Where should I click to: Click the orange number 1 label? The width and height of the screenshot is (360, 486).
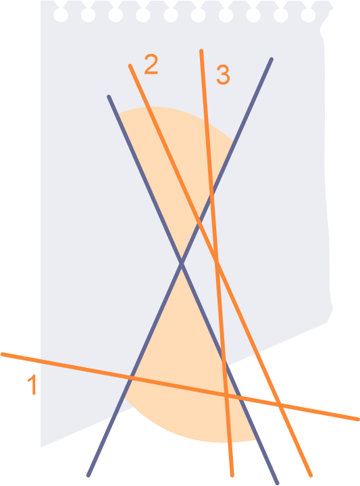pyautogui.click(x=32, y=384)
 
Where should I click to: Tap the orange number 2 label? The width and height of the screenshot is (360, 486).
pyautogui.click(x=151, y=64)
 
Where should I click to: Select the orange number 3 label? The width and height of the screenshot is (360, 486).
pyautogui.click(x=224, y=75)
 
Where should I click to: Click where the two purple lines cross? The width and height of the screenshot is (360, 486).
pyautogui.click(x=182, y=263)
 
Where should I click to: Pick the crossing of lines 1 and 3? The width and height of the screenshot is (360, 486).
pyautogui.click(x=226, y=395)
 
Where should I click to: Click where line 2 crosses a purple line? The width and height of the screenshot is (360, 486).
pyautogui.click(x=200, y=223)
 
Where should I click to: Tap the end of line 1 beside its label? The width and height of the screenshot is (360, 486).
pyautogui.click(x=3, y=354)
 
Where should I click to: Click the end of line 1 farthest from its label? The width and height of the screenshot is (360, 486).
pyautogui.click(x=358, y=419)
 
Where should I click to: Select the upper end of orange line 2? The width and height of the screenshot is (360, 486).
pyautogui.click(x=130, y=65)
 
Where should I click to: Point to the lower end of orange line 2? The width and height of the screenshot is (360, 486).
pyautogui.click(x=311, y=475)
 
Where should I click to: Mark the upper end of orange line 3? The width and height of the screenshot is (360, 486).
pyautogui.click(x=201, y=51)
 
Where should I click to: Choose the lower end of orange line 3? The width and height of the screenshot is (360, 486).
pyautogui.click(x=232, y=475)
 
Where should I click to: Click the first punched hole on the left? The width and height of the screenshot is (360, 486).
pyautogui.click(x=61, y=15)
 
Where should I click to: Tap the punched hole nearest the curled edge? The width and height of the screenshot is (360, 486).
pyautogui.click(x=308, y=15)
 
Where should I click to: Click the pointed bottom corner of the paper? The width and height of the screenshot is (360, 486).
pyautogui.click(x=41, y=447)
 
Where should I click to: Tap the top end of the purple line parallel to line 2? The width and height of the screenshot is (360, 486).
pyautogui.click(x=109, y=97)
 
